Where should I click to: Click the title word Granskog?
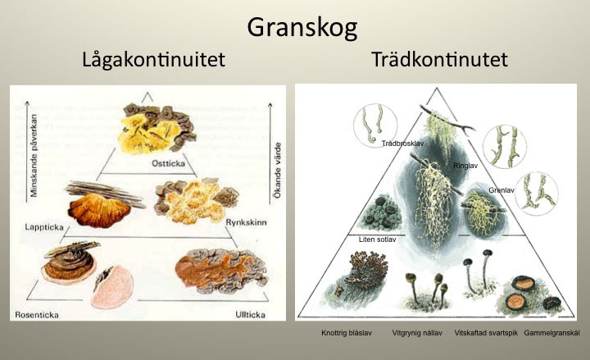pos(302,28)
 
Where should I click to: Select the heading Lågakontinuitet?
pos(153,60)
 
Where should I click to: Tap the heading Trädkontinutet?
pos(439,59)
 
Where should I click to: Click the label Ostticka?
pos(168,163)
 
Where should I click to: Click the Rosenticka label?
pos(37,315)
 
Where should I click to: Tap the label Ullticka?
pos(250,314)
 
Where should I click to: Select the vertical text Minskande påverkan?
pos(34,156)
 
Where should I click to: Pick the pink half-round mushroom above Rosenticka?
pos(112,287)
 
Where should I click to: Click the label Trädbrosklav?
pos(403,144)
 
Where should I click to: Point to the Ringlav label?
pos(465,166)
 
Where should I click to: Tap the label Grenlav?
pos(501,190)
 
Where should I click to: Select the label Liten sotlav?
pos(378,239)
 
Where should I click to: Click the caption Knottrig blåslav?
pos(347,333)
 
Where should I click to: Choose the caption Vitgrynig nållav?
pos(417,333)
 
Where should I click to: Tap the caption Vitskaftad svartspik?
pos(486,333)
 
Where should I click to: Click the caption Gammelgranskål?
pos(551,333)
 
